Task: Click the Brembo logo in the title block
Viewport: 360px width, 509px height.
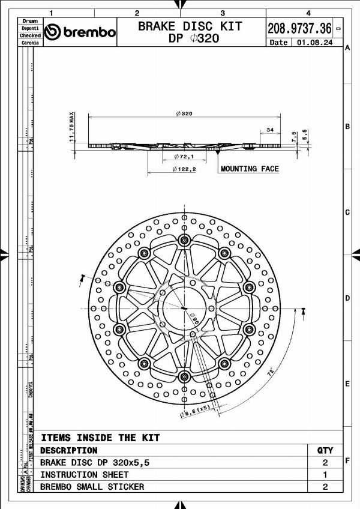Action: click(x=80, y=32)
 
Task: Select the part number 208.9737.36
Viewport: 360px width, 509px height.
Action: click(x=299, y=28)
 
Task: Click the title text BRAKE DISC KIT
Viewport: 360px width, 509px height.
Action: click(x=190, y=26)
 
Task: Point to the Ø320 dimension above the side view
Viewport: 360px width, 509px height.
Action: click(x=184, y=113)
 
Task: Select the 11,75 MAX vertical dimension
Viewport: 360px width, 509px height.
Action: click(x=71, y=126)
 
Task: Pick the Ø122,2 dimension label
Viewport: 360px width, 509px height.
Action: click(x=184, y=169)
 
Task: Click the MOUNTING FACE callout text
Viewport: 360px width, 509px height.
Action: click(x=250, y=169)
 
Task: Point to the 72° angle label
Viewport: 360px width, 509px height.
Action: click(x=271, y=372)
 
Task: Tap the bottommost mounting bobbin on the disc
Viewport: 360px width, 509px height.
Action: click(x=184, y=376)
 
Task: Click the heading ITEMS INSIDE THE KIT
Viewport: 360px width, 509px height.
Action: click(x=100, y=438)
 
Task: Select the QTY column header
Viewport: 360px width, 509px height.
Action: click(x=325, y=450)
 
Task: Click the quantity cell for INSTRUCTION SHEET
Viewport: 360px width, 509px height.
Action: click(x=325, y=475)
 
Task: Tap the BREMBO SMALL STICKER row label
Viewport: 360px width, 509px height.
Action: click(x=92, y=487)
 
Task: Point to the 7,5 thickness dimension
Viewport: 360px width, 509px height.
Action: click(x=294, y=136)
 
